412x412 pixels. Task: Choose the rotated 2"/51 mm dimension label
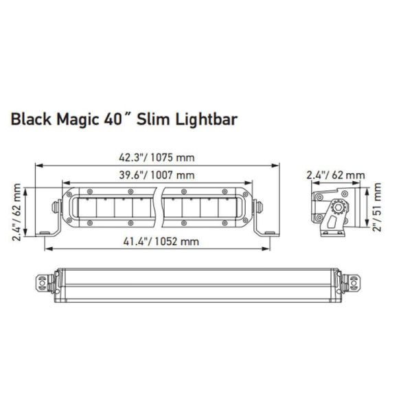point(377,209)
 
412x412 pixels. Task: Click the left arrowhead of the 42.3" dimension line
point(38,165)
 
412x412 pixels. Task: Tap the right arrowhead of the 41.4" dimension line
point(266,249)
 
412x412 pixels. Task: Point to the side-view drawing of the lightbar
point(334,209)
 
